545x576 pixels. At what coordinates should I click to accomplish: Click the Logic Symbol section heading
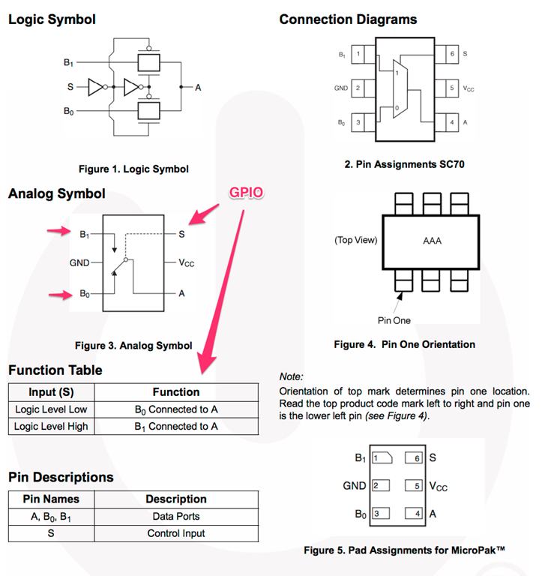(x=52, y=19)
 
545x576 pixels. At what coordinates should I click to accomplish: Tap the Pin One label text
(x=394, y=320)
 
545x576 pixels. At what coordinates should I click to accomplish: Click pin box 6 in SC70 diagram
(x=451, y=54)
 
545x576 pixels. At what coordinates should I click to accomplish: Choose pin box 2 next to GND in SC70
(x=358, y=88)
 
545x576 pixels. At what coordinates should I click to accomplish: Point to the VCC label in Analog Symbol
(x=187, y=263)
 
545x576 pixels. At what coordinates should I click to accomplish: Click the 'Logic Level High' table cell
(x=51, y=426)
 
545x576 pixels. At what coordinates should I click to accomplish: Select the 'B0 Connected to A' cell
(x=176, y=409)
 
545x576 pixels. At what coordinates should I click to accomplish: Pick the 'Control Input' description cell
(x=176, y=533)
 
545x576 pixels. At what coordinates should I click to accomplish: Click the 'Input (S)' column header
(x=51, y=391)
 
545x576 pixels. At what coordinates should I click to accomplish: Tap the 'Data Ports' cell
(x=176, y=516)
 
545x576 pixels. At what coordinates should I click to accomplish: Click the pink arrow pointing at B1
(x=57, y=232)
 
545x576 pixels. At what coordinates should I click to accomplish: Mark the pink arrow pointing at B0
(x=57, y=294)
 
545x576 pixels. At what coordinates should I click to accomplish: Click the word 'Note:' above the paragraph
(x=291, y=376)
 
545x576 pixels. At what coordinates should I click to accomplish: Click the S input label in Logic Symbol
(x=70, y=87)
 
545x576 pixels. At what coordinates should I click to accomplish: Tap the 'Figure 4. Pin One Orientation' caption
(x=405, y=344)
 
